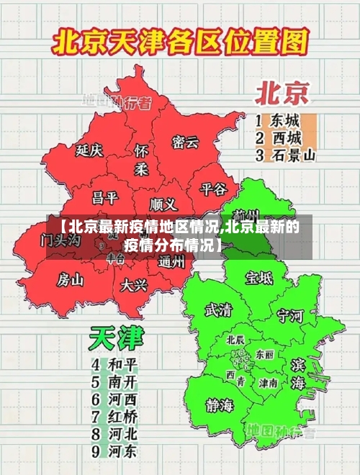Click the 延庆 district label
point(89,150)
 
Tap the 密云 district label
point(185,142)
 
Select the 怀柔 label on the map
point(142,160)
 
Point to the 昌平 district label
point(104,196)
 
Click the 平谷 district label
point(213,189)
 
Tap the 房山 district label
point(71,279)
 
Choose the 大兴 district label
point(134,284)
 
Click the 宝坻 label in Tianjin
point(259,277)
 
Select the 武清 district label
point(219,309)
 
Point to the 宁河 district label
point(290,315)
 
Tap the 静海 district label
point(220,404)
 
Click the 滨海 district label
point(298,373)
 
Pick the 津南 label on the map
point(269,383)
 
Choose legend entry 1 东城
point(278,119)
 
